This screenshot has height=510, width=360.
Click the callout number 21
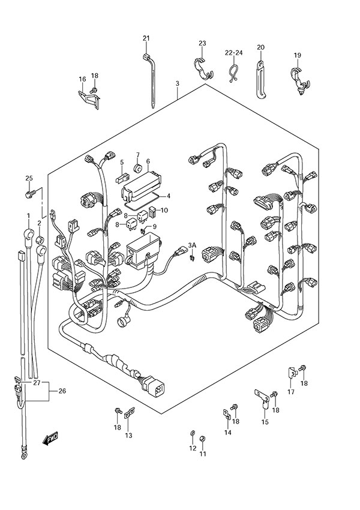click(146, 39)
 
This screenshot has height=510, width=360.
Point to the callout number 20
click(260, 47)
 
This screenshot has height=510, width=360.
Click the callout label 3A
click(192, 245)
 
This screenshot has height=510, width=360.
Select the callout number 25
click(28, 178)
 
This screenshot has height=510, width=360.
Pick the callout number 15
click(265, 422)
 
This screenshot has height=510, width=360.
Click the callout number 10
click(164, 210)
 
